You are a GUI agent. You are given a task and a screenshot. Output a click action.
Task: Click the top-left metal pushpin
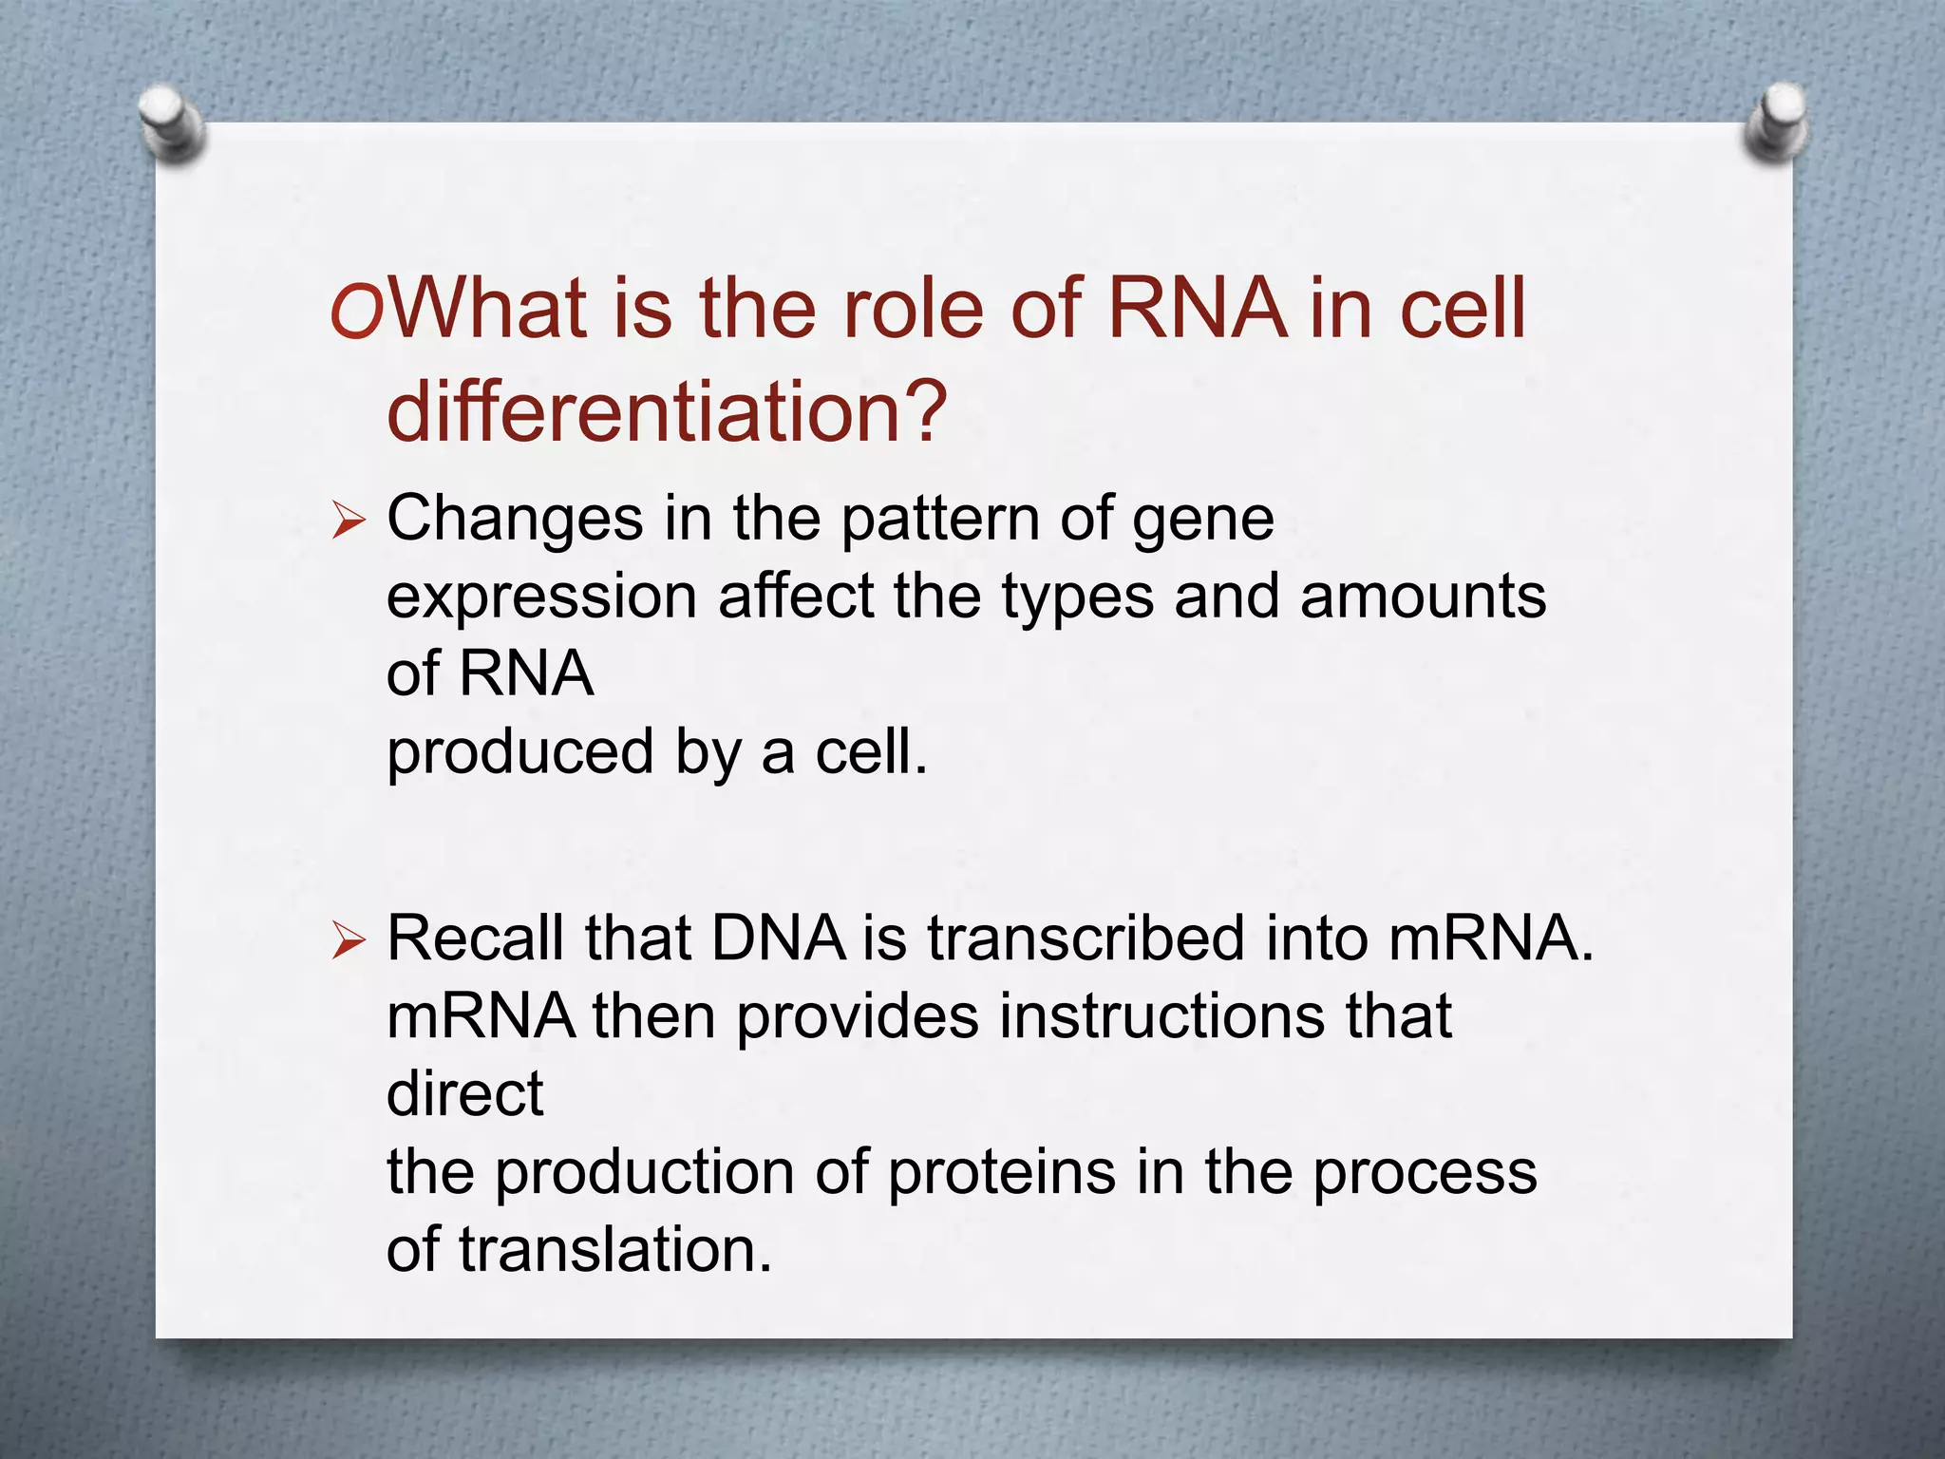point(172,123)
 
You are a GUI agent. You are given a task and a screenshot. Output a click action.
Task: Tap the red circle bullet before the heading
point(356,313)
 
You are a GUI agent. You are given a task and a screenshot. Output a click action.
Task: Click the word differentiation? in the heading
point(667,410)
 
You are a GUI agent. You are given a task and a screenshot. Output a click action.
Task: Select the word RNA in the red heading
point(1197,308)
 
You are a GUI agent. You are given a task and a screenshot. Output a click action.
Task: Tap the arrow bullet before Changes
point(349,521)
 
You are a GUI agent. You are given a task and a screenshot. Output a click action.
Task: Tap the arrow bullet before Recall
point(349,941)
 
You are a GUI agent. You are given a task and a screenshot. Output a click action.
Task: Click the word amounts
point(1423,597)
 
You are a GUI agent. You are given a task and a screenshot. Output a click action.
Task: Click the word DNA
point(778,938)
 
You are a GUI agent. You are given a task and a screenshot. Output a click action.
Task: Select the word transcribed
point(1086,938)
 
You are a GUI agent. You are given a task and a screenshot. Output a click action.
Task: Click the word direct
point(464,1093)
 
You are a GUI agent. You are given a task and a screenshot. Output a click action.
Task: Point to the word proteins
point(1001,1173)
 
